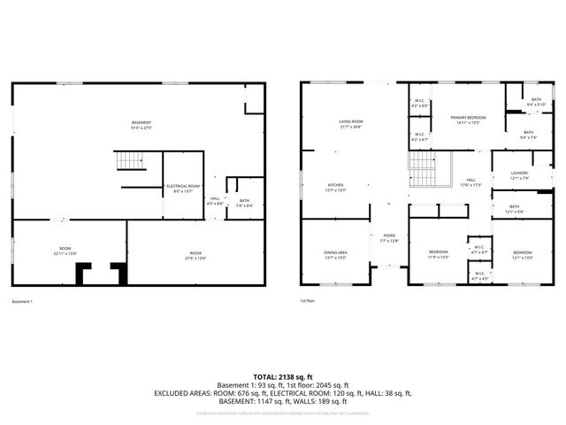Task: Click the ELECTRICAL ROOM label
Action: tap(183, 188)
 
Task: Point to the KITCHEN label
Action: tap(317, 188)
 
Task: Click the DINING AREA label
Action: tap(335, 255)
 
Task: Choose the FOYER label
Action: tap(390, 237)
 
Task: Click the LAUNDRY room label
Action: tap(519, 175)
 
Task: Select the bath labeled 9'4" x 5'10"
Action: tap(537, 102)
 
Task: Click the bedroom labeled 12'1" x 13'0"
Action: tap(523, 254)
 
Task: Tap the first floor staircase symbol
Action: tap(423, 168)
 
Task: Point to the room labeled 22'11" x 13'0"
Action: tap(65, 252)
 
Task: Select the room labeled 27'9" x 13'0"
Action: tap(195, 255)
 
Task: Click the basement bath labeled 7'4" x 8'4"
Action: tap(244, 204)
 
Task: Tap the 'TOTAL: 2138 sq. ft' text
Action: tap(283, 376)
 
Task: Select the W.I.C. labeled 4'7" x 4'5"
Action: tap(478, 275)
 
